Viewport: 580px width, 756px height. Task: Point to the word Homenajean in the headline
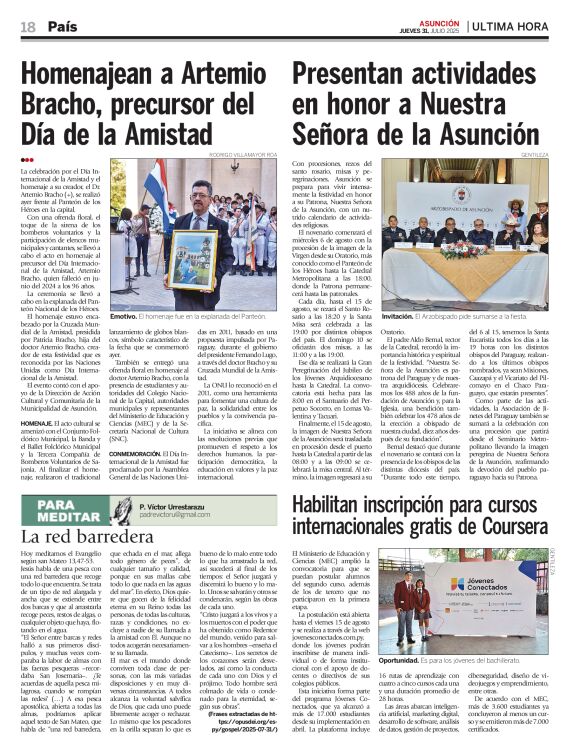(94, 75)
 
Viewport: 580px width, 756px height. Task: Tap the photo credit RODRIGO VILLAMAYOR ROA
(248, 155)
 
